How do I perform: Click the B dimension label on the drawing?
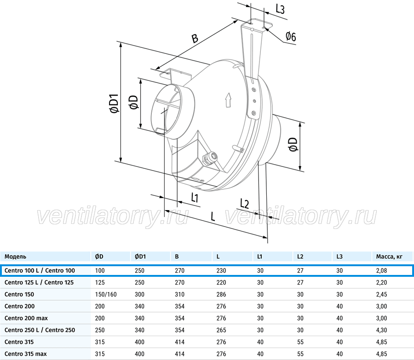(x=195, y=38)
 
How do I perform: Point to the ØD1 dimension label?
(x=115, y=103)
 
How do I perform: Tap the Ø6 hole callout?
(x=291, y=36)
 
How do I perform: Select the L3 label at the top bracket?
(x=280, y=9)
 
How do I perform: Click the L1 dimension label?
(x=195, y=197)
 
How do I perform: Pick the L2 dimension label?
(x=245, y=204)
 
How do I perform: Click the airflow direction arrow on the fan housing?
(x=228, y=100)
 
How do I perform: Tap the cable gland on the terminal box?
(x=210, y=158)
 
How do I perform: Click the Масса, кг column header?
(x=389, y=257)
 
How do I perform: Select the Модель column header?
(x=15, y=257)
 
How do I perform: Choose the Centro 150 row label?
(x=19, y=294)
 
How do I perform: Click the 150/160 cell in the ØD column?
(x=106, y=294)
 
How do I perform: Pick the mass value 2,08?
(x=381, y=270)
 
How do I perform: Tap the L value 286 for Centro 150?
(x=221, y=294)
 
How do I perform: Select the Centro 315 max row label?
(x=26, y=354)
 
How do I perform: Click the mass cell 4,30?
(x=381, y=330)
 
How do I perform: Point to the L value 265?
(x=221, y=330)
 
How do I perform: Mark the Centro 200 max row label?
(x=26, y=318)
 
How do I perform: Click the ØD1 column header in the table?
(x=140, y=257)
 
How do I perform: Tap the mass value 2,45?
(x=381, y=294)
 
